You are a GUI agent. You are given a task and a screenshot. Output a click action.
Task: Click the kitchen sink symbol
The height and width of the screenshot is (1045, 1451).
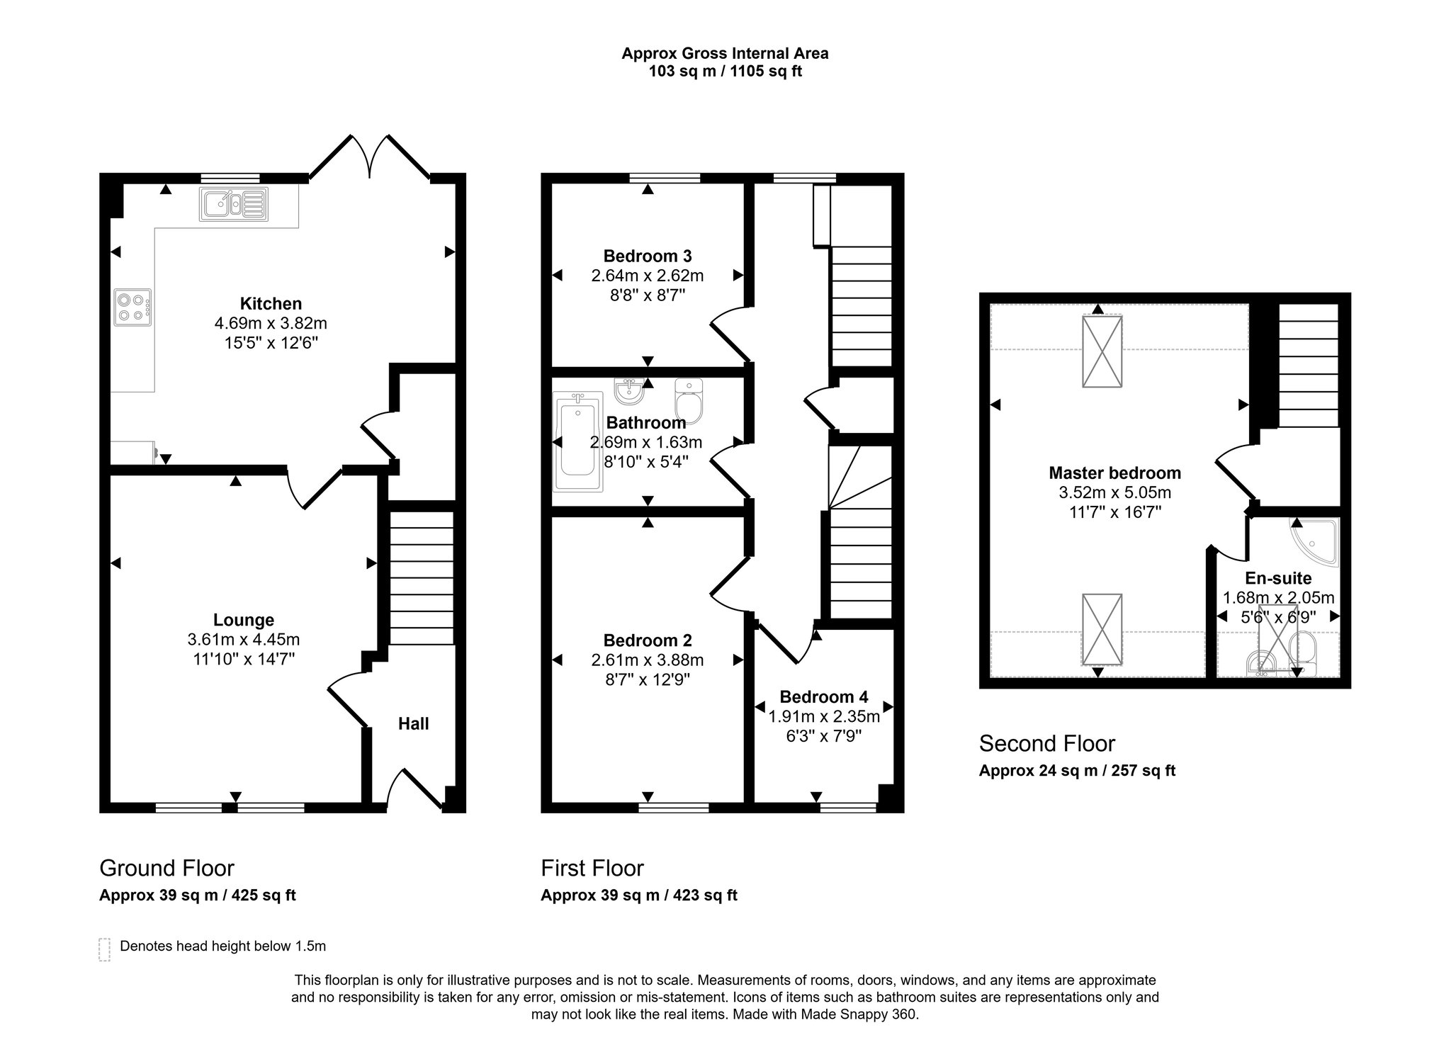point(233,205)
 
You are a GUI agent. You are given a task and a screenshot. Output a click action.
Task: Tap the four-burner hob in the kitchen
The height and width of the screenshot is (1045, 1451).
point(132,307)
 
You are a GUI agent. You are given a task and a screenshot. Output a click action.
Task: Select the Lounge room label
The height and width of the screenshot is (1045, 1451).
point(244,620)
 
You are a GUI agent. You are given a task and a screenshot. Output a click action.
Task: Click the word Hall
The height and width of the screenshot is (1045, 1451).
point(413,723)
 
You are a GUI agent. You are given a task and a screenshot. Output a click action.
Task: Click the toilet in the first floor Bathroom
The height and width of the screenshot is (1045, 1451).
point(687,399)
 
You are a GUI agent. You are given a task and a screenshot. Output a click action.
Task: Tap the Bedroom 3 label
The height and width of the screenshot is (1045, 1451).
point(647,256)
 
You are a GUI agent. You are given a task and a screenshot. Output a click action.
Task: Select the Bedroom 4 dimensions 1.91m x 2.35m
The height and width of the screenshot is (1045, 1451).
point(824,716)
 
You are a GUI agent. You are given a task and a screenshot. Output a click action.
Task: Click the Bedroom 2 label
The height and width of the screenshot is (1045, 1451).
point(647,640)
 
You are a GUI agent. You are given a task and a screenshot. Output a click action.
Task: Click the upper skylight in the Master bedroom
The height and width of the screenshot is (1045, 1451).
point(1102,351)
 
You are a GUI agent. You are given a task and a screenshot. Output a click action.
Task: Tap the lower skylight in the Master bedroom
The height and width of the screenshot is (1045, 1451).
point(1102,630)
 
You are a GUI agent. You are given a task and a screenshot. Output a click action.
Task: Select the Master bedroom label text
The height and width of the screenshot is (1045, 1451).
point(1114,473)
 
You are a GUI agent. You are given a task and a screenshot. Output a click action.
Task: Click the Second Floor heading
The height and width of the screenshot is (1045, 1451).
point(1046,743)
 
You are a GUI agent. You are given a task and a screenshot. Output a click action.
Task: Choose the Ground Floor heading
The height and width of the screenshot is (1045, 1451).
point(166,868)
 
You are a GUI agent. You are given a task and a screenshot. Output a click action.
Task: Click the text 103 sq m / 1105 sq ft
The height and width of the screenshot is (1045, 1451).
point(725,72)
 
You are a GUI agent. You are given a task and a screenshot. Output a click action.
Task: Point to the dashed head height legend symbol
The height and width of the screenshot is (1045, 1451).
point(104,949)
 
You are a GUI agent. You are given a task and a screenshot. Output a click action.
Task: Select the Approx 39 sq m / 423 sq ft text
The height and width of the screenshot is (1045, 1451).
point(638,895)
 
